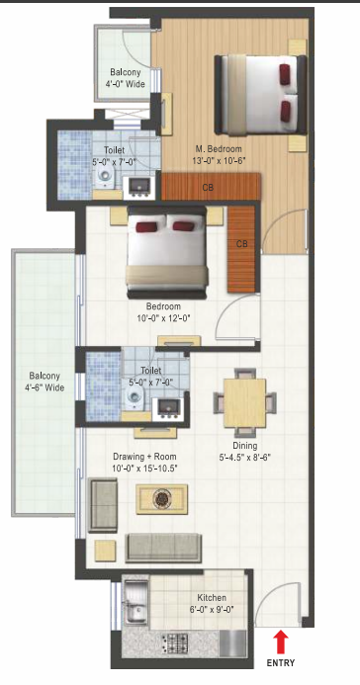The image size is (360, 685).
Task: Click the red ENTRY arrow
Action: [x=281, y=642]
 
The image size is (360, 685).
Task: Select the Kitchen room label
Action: [x=212, y=598]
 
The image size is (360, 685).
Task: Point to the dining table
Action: [x=241, y=399]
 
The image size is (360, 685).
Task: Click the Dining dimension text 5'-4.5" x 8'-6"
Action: [x=239, y=457]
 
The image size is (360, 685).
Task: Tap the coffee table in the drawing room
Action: [x=155, y=499]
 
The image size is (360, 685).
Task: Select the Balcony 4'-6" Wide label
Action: [x=45, y=381]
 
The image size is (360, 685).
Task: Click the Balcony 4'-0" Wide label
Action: [x=125, y=79]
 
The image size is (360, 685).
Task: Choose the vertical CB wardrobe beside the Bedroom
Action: [x=242, y=244]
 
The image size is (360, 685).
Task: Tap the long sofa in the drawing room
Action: [x=163, y=547]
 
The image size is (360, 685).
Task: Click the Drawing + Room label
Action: [x=144, y=458]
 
